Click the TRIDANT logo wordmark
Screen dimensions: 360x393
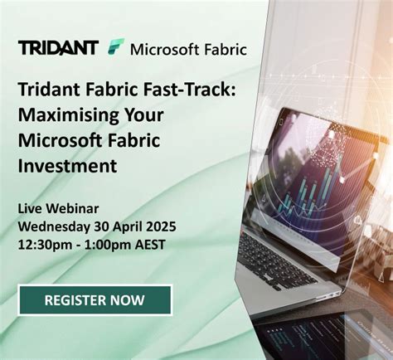click(58, 47)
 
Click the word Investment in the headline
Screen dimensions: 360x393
click(68, 166)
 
